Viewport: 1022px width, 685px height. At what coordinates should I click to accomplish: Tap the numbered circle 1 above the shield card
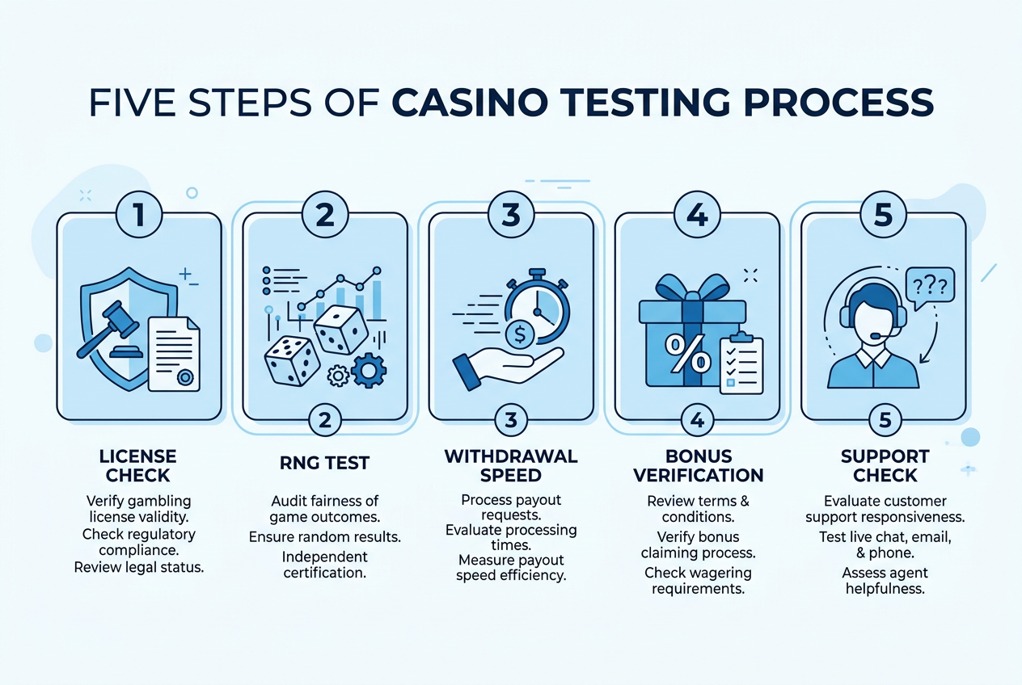click(x=140, y=214)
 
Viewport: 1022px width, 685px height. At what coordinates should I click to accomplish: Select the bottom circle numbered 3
click(x=511, y=420)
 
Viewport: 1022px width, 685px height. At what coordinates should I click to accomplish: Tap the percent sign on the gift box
click(x=676, y=349)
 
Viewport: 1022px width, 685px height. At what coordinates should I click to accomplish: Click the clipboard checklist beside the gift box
click(x=741, y=364)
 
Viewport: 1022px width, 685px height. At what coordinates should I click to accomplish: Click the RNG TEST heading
click(x=325, y=463)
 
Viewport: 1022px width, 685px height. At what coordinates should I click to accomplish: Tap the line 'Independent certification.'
click(x=325, y=565)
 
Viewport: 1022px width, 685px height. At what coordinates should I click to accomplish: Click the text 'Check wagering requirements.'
click(x=698, y=581)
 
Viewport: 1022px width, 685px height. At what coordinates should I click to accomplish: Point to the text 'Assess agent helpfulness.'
click(x=885, y=581)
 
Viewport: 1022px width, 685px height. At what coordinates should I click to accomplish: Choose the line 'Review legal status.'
click(x=139, y=567)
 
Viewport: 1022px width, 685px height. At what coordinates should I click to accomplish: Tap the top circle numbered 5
click(x=884, y=214)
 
